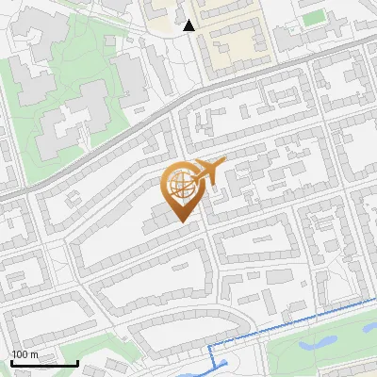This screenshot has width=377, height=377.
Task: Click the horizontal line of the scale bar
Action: [44, 364]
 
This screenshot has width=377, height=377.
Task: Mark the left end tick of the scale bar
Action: [12, 362]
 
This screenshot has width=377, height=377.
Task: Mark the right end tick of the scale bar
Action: [77, 362]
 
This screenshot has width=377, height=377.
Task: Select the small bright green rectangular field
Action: [313, 17]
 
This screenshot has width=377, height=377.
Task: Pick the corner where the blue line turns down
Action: [210, 349]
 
